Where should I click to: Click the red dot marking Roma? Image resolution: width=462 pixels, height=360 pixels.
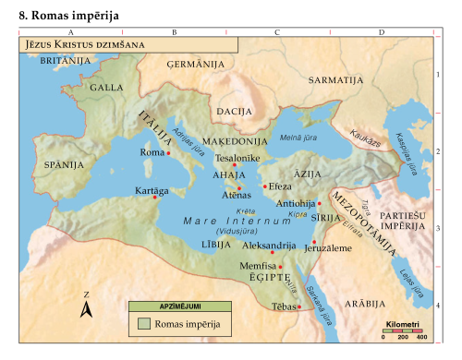coord(168,153)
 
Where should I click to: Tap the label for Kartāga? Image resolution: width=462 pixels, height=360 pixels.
coord(152,190)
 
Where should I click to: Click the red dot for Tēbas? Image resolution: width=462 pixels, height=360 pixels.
coord(298,306)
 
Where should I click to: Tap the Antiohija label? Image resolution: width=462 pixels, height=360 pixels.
coord(296,203)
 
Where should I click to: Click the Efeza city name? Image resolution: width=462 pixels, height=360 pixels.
coord(280,186)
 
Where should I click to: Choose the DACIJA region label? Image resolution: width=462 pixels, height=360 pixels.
coord(235,111)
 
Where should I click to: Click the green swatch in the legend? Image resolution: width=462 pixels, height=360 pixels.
coord(144,324)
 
